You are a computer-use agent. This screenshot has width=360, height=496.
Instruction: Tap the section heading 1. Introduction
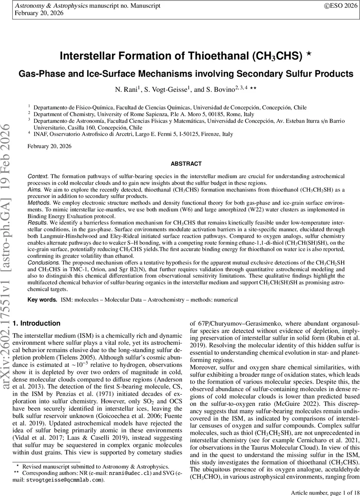click(37, 323)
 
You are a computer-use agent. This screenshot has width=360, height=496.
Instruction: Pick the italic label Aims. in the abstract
click(34, 188)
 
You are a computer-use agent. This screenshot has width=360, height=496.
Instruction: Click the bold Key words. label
click(42, 299)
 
